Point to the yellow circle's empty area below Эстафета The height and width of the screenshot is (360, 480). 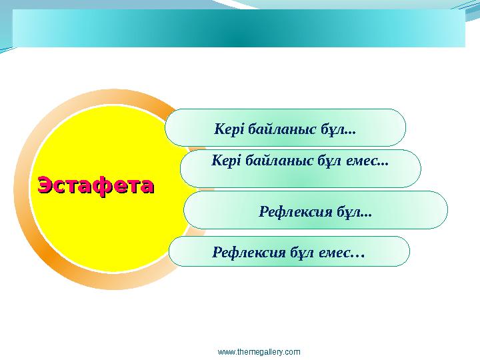[100, 233]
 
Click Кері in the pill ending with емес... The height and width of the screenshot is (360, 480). [226, 161]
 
